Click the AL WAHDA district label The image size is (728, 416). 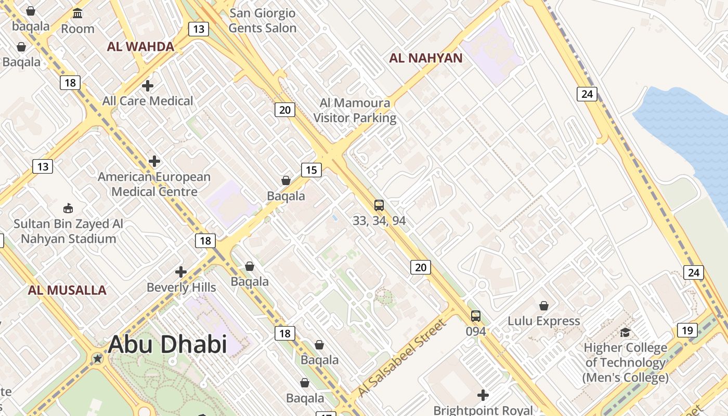point(140,47)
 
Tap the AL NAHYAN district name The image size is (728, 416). point(425,58)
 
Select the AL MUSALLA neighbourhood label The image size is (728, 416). point(67,290)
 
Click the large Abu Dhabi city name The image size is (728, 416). point(167,344)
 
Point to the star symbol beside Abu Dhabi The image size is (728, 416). point(97,358)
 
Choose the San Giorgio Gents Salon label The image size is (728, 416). point(263,21)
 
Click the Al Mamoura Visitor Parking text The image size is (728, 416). point(355,111)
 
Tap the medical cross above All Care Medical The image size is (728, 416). point(148,85)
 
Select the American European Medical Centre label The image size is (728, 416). point(154,184)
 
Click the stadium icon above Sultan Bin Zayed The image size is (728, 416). point(68,208)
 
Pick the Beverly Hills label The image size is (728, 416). point(181,288)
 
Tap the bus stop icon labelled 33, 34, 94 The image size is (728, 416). point(379,205)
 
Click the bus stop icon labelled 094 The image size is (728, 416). point(476,316)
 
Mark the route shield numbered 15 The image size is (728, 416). point(311,170)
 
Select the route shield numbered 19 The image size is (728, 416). point(687,330)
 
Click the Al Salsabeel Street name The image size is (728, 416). point(401,358)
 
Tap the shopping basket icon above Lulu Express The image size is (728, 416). point(544,306)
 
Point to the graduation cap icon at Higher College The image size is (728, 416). point(626,332)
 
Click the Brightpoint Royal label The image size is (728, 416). point(483,410)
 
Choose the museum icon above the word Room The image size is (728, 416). point(77,13)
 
